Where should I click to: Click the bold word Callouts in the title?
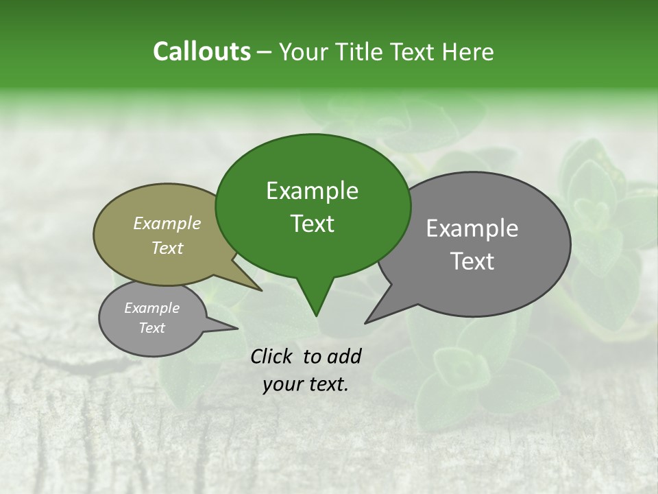202,51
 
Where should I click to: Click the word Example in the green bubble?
312,191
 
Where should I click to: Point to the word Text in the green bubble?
312,224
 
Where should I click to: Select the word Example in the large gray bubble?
472,228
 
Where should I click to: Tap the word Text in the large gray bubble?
472,261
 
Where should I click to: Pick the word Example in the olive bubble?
167,223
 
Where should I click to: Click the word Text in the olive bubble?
167,248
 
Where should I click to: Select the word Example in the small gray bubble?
151,308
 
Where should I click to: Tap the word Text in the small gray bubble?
151,328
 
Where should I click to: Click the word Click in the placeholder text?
273,356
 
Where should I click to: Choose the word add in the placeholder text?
344,356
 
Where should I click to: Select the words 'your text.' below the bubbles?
305,384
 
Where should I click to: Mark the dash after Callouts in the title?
265,52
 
